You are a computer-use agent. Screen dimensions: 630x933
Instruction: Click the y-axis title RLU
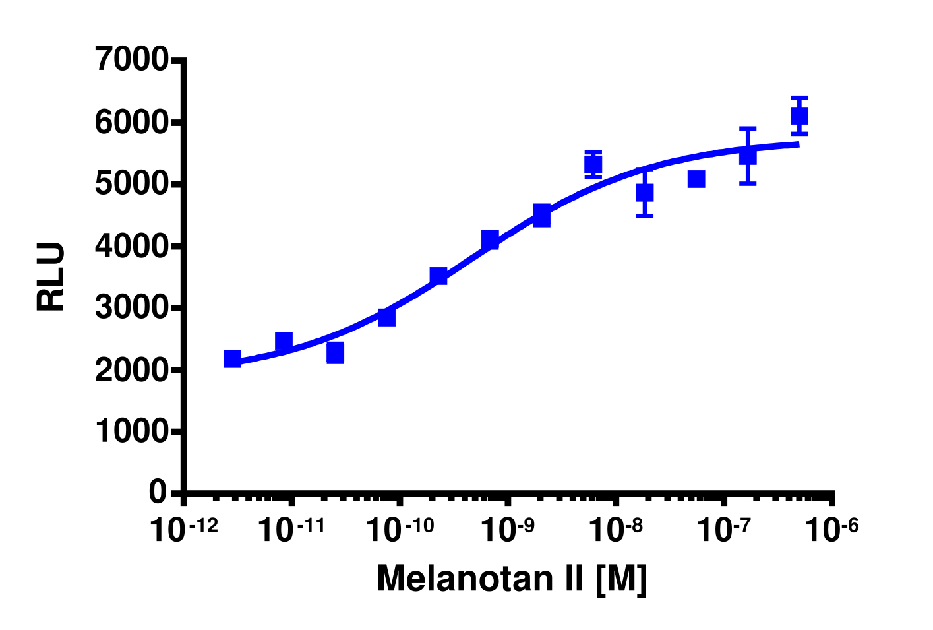point(51,276)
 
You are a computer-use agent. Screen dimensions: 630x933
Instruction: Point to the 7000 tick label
point(132,60)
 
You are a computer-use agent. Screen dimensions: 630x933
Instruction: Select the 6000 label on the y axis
point(132,123)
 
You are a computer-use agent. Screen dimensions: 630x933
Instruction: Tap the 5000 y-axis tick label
point(132,184)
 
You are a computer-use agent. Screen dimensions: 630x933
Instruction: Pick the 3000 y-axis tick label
point(132,308)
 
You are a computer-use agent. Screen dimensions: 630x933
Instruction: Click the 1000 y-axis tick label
point(132,431)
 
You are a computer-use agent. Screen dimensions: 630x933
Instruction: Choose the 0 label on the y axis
point(158,492)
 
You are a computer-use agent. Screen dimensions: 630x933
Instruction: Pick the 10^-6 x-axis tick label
point(833,530)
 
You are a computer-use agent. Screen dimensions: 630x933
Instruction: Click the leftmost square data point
point(232,359)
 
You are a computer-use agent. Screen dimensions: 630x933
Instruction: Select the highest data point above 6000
point(799,116)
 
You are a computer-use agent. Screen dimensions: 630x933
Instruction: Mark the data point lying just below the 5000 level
point(644,193)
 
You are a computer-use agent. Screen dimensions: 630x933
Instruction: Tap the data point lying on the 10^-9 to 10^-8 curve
point(541,215)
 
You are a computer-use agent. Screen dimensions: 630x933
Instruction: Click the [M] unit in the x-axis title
point(620,579)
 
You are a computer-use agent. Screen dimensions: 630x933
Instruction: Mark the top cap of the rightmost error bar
point(799,97)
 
